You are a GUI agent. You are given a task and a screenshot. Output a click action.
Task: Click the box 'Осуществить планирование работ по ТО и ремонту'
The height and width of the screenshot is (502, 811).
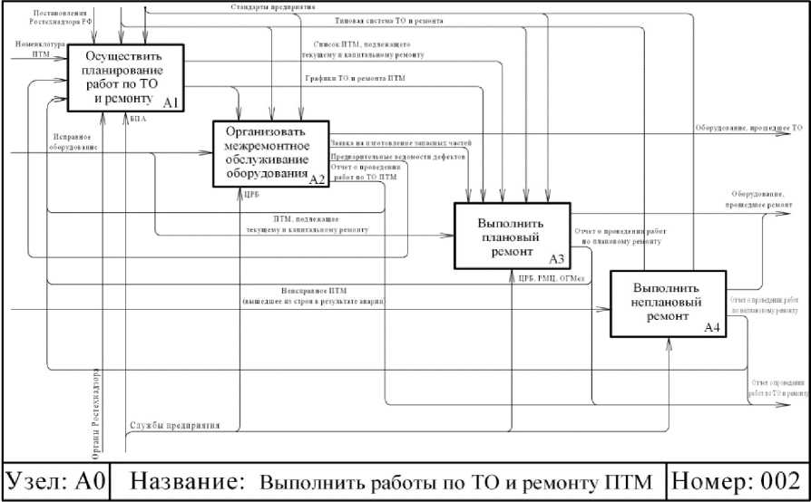tap(128, 76)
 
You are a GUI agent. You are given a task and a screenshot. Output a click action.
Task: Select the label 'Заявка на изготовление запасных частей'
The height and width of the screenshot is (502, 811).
tap(400, 142)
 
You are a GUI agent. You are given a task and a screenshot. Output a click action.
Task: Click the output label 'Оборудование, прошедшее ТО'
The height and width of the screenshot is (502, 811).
tap(748, 129)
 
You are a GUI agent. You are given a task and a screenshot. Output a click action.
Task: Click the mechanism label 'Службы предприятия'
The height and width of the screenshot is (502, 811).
tap(169, 424)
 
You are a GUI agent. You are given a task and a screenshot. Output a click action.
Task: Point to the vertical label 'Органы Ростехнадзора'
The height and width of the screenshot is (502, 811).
tap(96, 408)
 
